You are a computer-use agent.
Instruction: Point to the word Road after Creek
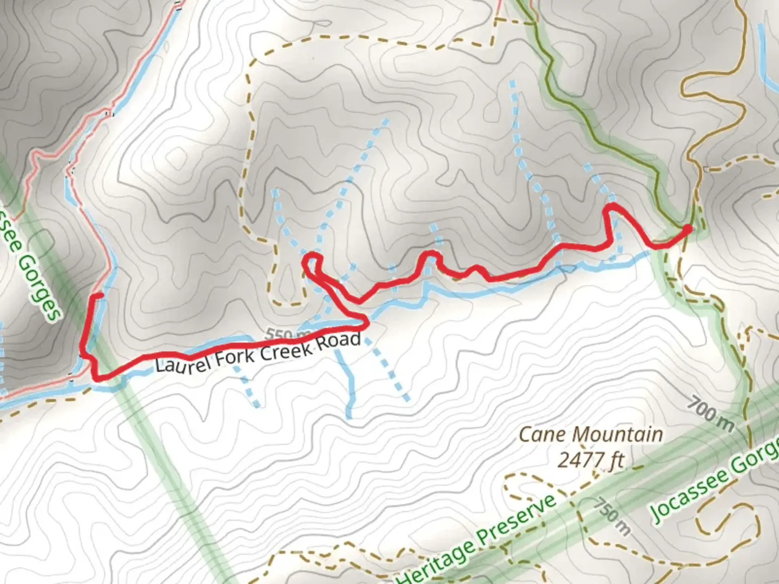click(x=339, y=341)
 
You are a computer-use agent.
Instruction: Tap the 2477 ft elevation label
click(x=591, y=460)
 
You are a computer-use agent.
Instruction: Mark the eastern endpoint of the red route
click(x=689, y=229)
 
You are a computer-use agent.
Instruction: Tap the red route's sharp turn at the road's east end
click(x=367, y=323)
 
